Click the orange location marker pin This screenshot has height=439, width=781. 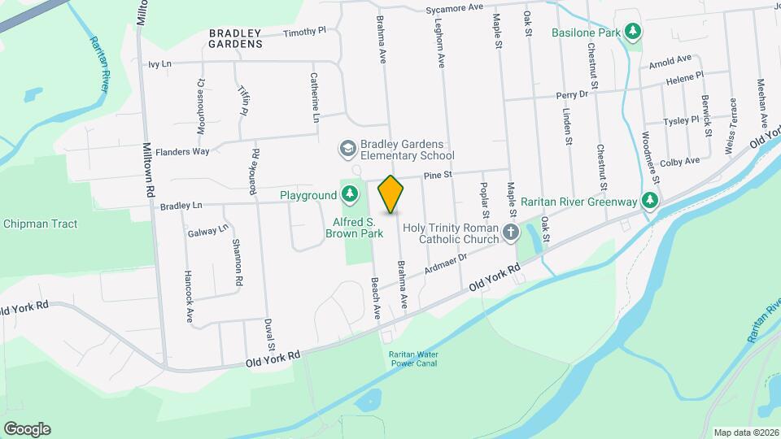391,194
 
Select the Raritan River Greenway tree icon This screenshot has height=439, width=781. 649,200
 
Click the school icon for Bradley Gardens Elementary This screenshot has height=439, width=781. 347,149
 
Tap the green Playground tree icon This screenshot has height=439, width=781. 349,195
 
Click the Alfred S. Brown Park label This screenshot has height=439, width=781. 365,227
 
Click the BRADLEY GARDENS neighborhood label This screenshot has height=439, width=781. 236,38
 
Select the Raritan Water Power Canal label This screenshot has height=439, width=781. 412,359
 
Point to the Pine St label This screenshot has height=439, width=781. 437,175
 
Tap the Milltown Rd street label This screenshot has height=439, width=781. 149,172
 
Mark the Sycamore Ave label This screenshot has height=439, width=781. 455,8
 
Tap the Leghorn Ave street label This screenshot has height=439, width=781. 440,44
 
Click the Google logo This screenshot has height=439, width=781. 27,429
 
